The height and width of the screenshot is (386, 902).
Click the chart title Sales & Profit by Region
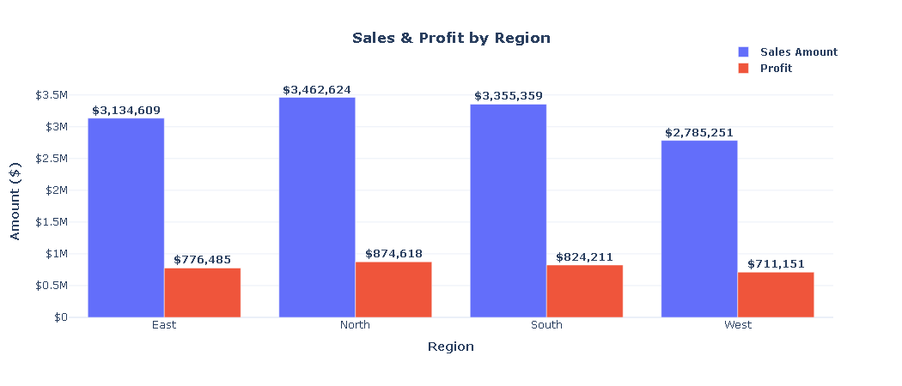[x=451, y=39]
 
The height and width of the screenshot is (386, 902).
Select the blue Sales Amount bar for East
[x=126, y=218]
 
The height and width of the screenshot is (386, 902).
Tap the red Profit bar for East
[x=203, y=293]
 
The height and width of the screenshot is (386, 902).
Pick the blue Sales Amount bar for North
[x=317, y=208]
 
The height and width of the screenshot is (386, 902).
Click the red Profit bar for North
[x=393, y=290]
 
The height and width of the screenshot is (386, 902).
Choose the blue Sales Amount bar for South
[x=509, y=211]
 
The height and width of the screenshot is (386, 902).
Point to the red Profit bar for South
[x=585, y=292]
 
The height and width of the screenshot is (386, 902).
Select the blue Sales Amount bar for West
[x=699, y=229]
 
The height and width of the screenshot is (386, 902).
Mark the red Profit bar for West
[x=776, y=295]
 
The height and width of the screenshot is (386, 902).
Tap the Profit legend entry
[x=775, y=69]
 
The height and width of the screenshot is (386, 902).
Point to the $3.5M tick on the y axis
[x=51, y=95]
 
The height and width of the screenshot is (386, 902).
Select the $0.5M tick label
[x=51, y=286]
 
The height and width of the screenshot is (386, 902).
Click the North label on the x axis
[x=356, y=325]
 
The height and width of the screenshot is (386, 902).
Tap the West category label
[x=738, y=325]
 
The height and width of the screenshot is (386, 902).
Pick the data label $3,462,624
[x=317, y=90]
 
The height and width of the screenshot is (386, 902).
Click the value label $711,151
[x=776, y=264]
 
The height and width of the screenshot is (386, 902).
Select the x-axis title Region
[x=451, y=347]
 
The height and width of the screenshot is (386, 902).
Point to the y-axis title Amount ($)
[x=15, y=201]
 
